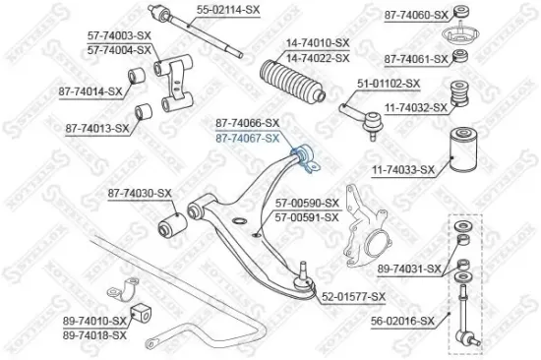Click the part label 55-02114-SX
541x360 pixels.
coord(230,9)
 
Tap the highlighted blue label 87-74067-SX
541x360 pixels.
coord(247,138)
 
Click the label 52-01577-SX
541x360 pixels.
coord(353,295)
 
